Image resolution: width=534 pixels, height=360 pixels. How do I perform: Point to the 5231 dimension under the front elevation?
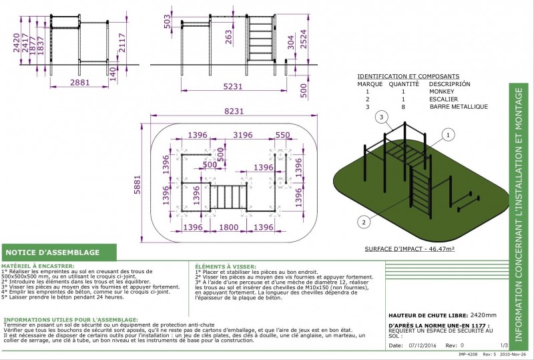[232, 86]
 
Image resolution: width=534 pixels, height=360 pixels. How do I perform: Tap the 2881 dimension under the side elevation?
[80, 83]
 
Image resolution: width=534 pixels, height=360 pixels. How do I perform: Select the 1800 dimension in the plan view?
[229, 228]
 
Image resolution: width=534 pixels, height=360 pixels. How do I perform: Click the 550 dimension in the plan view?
[282, 136]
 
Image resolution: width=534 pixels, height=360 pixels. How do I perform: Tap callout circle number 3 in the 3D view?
[382, 118]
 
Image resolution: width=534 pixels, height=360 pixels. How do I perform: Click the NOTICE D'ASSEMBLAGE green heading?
[53, 252]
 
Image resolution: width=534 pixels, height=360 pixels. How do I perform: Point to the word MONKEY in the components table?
[441, 92]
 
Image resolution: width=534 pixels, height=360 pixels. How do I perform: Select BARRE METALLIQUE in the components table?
[459, 106]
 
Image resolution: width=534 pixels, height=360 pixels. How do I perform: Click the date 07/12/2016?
[423, 346]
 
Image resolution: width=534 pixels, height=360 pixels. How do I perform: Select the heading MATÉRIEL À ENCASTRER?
[38, 266]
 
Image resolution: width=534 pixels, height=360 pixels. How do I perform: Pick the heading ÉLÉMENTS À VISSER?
[224, 266]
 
